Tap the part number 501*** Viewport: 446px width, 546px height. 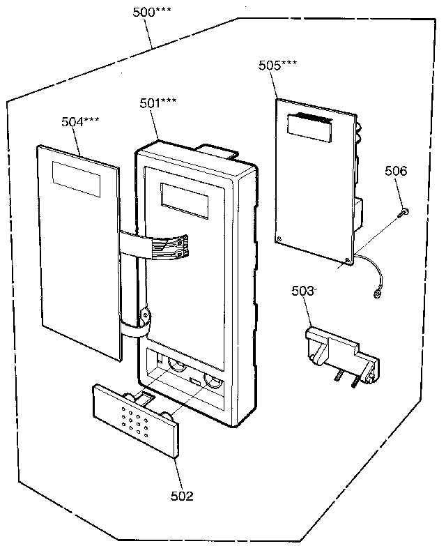click(x=158, y=103)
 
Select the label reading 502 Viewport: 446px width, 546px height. click(x=182, y=496)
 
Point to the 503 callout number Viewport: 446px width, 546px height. click(x=302, y=291)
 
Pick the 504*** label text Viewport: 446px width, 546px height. click(x=80, y=121)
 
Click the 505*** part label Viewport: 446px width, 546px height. click(x=277, y=65)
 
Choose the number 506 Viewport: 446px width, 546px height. click(x=396, y=171)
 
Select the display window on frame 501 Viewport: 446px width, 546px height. click(x=185, y=201)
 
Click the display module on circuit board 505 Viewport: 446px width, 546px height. click(x=309, y=128)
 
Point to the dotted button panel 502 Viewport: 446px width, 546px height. click(x=137, y=420)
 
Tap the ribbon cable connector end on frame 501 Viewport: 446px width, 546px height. click(x=177, y=247)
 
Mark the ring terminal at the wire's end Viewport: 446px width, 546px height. click(x=376, y=295)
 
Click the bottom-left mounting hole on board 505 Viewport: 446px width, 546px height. click(x=279, y=238)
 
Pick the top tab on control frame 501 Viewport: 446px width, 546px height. click(x=217, y=151)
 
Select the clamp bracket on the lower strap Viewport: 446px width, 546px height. click(x=145, y=317)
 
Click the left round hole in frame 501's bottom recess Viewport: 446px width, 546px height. click(x=177, y=364)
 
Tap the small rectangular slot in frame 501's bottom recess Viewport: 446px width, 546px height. click(x=195, y=381)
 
